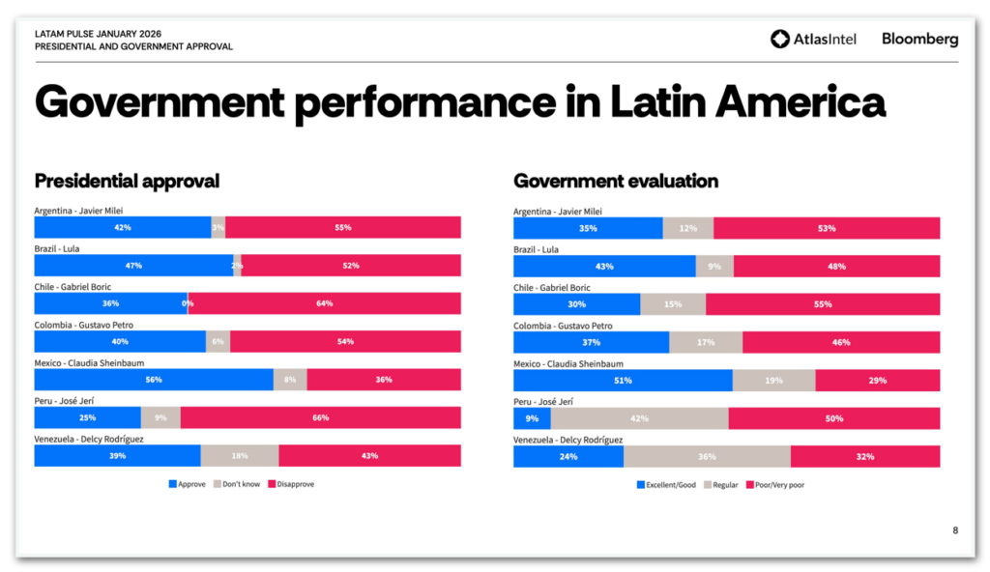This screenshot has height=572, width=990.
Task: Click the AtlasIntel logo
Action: [x=813, y=39]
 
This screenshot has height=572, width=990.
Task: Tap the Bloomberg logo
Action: [x=919, y=39]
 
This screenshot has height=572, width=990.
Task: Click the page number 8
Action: [x=955, y=529]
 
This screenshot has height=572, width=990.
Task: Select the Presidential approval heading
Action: [x=127, y=181]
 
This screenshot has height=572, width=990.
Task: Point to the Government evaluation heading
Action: [x=615, y=181]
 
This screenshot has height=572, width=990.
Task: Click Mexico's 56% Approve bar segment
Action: [x=154, y=380]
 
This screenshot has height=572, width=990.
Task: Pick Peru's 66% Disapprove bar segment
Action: [x=320, y=417]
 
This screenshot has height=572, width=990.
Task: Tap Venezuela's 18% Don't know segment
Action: [x=240, y=456]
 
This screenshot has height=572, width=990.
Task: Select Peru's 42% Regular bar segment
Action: [x=639, y=418]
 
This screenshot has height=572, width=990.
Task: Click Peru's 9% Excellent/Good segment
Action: [x=532, y=418]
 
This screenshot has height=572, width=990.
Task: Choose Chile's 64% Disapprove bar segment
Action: [x=324, y=303]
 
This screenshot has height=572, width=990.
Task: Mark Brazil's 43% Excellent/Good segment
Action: [x=604, y=266]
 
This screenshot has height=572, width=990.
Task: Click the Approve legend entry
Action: [x=188, y=484]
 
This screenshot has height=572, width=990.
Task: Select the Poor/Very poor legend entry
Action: [x=774, y=485]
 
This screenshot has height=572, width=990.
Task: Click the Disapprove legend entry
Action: [x=291, y=484]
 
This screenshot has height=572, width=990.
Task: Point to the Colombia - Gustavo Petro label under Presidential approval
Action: [x=84, y=326]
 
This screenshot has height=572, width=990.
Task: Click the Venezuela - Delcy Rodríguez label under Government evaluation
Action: [x=568, y=440]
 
